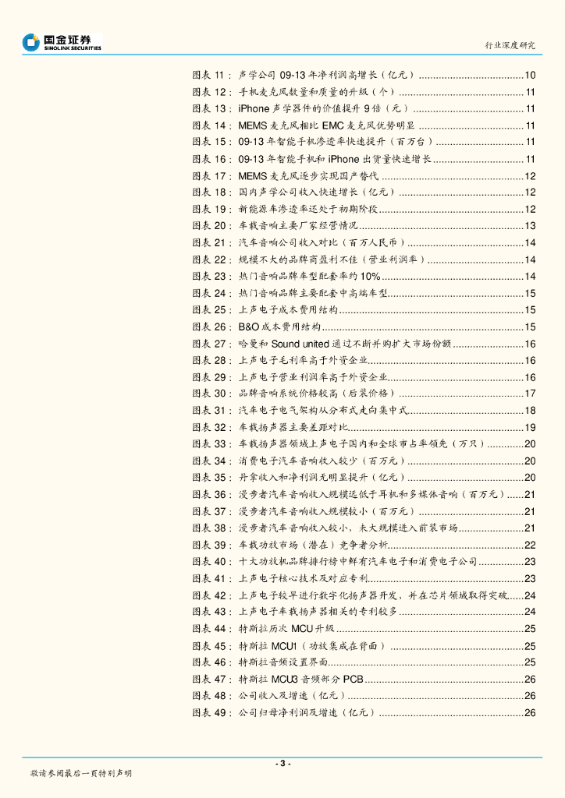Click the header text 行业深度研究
(x=511, y=45)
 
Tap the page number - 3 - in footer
(x=282, y=763)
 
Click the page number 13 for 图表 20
(x=529, y=226)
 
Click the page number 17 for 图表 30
(x=529, y=394)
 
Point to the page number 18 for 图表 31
(x=529, y=411)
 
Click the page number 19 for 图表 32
(x=529, y=427)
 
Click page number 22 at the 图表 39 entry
(x=529, y=545)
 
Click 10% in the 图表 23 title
(x=370, y=277)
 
